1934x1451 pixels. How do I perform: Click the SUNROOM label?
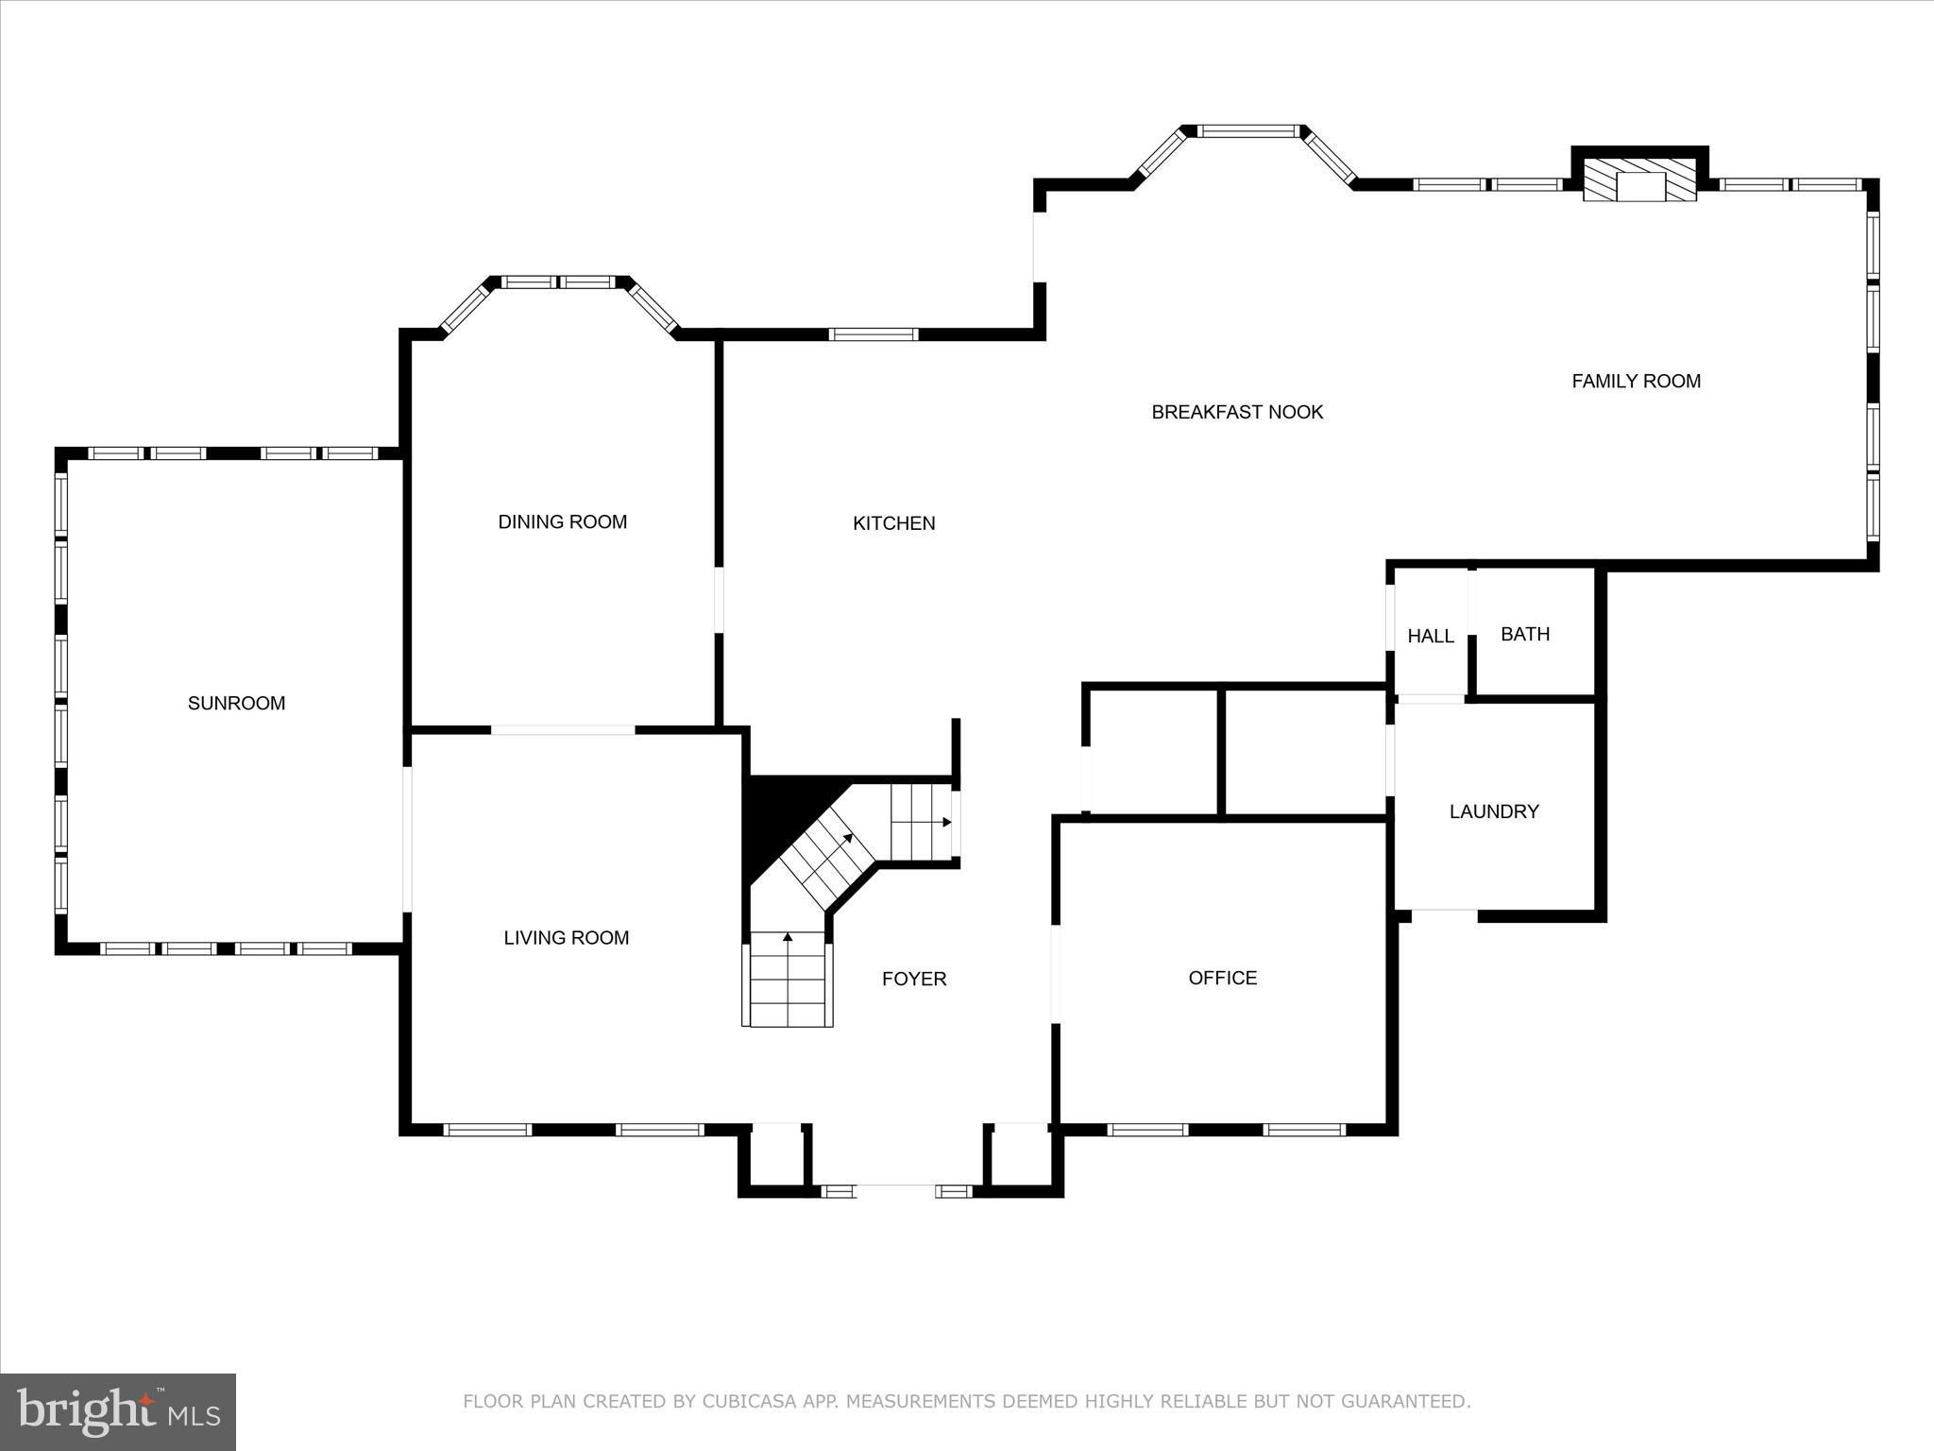click(236, 703)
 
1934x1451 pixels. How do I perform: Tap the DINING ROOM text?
click(563, 521)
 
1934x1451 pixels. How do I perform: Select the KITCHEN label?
click(893, 523)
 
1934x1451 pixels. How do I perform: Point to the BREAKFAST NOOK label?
click(1237, 412)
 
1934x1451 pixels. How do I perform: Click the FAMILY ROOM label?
click(1637, 381)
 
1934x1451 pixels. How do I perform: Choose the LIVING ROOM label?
click(566, 937)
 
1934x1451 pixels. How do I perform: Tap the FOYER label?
click(914, 979)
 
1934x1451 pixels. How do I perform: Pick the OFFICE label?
click(1223, 978)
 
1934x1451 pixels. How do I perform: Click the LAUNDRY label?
click(1494, 811)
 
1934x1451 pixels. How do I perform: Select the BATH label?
click(1525, 634)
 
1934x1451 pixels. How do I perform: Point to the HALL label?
click(1431, 637)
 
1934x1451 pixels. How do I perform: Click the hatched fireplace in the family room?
click(1639, 180)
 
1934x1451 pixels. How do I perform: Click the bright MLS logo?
click(118, 1412)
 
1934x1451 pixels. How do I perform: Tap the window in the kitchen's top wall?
click(874, 333)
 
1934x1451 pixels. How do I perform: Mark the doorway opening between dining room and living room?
click(563, 730)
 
